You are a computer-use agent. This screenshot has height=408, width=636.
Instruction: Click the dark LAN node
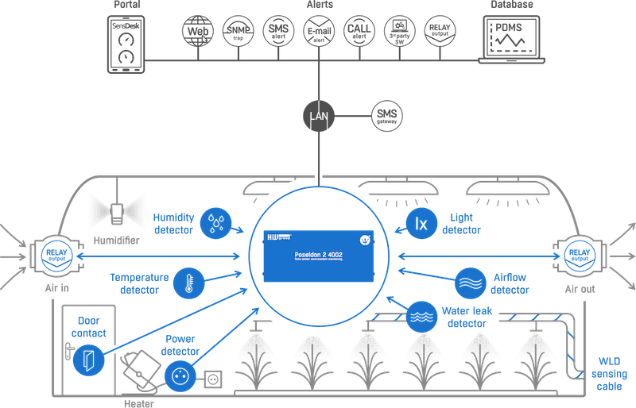click(319, 117)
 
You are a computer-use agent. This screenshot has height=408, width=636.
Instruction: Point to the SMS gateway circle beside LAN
click(387, 117)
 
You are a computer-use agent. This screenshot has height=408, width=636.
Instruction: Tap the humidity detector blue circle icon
click(215, 224)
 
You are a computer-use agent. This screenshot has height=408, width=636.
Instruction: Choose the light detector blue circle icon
click(422, 224)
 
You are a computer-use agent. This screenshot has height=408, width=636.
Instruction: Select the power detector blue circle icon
click(180, 375)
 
